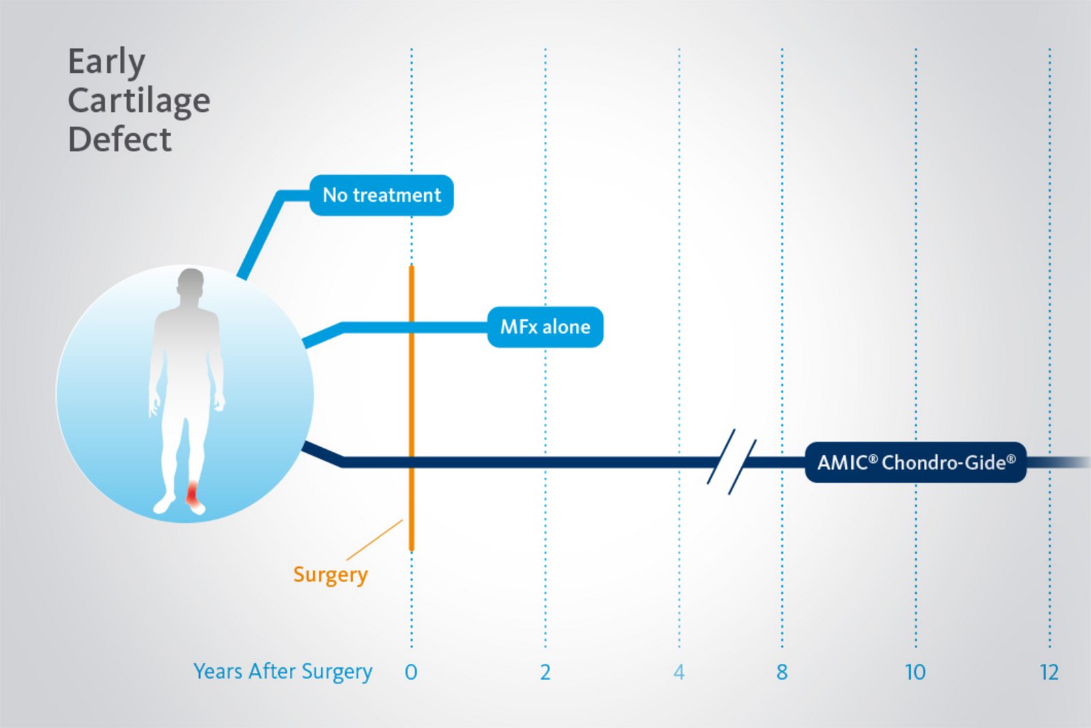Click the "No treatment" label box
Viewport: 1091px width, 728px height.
pos(382,195)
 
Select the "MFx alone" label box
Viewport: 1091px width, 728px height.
pos(545,327)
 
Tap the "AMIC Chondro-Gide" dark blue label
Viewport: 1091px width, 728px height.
pos(916,462)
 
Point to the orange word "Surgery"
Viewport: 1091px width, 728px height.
pos(330,575)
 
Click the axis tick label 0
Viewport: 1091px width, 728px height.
pos(411,672)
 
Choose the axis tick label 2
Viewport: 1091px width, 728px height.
pos(545,672)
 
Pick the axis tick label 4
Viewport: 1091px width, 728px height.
pos(679,672)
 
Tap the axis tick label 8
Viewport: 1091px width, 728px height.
pos(781,672)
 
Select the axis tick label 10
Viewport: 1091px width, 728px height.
pos(915,672)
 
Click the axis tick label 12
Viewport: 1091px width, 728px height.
pos(1049,672)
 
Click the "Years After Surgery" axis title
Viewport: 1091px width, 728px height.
pos(283,672)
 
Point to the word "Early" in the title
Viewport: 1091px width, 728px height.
pos(106,62)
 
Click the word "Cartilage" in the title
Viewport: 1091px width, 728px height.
pos(139,102)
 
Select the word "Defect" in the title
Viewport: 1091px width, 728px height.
pos(120,139)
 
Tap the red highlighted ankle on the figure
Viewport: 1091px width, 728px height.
pos(194,496)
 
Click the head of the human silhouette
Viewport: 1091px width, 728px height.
pos(190,283)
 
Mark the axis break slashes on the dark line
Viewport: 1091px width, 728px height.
pos(732,461)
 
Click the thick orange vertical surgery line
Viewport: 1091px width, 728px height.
pos(412,408)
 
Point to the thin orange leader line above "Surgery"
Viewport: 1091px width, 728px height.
pos(374,540)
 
